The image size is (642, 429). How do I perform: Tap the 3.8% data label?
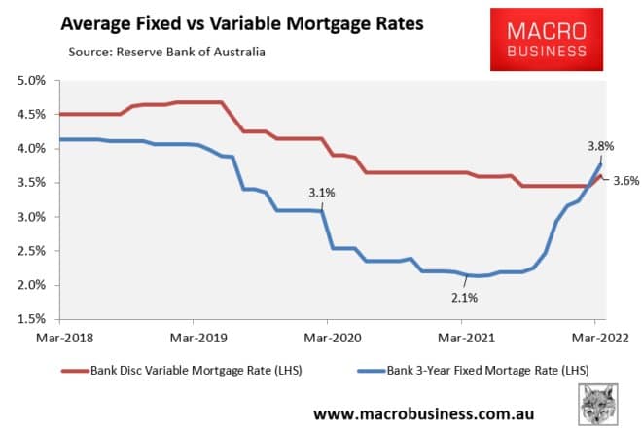pos(599,146)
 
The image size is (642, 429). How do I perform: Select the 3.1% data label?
pos(322,193)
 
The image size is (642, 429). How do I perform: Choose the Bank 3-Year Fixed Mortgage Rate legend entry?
pos(482,370)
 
